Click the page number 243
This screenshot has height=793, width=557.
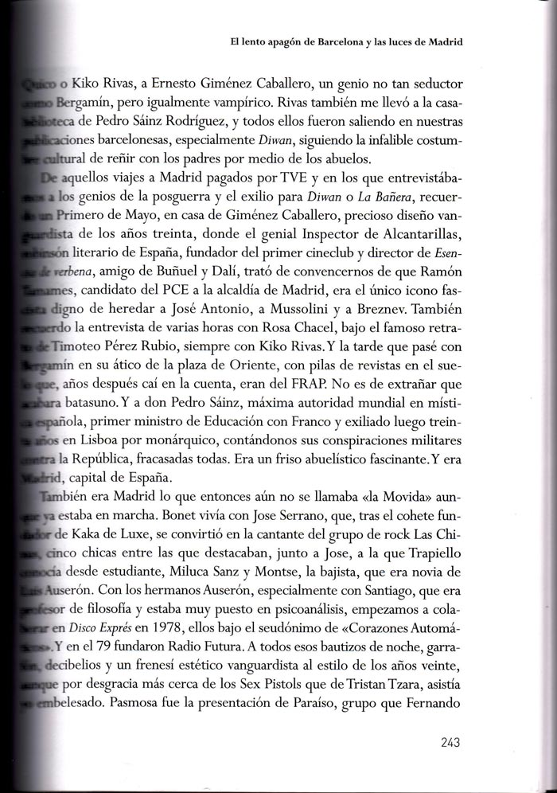click(x=450, y=744)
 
